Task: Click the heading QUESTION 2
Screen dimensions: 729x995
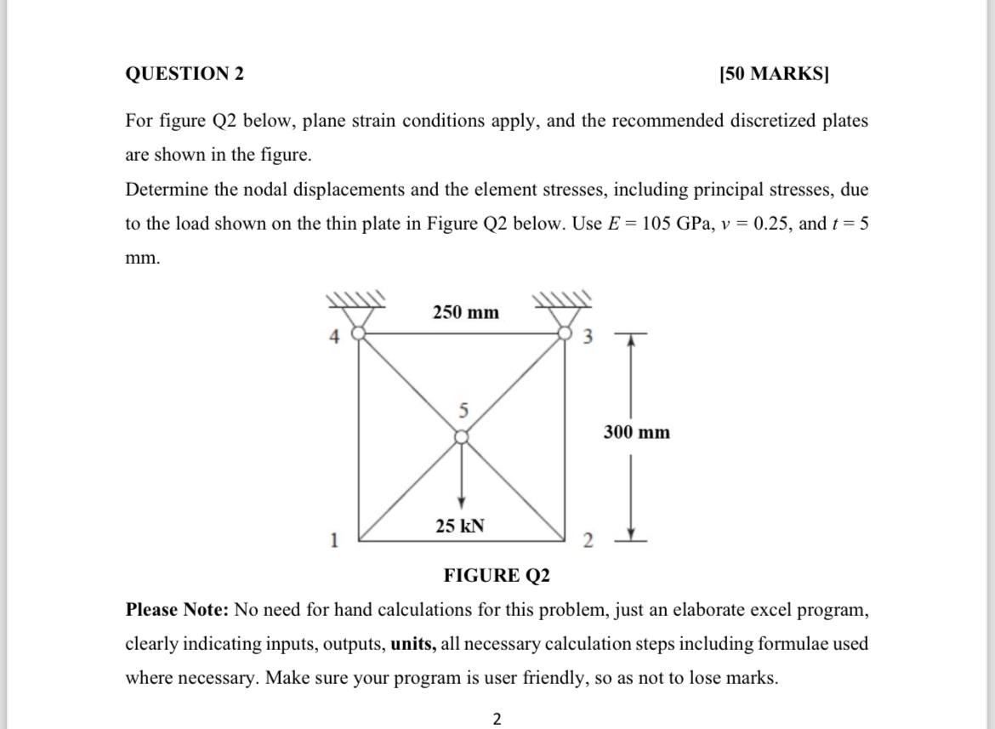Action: (185, 74)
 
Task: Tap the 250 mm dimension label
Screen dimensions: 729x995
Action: (465, 312)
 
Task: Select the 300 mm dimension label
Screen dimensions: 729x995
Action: (637, 432)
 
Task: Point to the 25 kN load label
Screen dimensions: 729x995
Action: (460, 526)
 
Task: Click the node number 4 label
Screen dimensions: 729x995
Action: (335, 338)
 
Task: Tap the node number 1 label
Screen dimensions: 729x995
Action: (335, 538)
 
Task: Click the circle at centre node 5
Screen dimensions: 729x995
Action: (461, 436)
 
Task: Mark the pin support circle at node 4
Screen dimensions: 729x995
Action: (358, 333)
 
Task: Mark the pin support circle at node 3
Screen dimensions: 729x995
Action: (565, 333)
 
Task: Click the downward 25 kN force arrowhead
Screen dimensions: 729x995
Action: (461, 499)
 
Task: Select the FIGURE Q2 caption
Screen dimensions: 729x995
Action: (497, 576)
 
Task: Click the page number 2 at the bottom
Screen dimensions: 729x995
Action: (497, 719)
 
